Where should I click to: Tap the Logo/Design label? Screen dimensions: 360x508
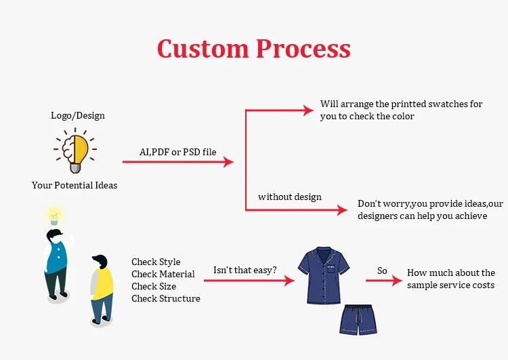click(78, 115)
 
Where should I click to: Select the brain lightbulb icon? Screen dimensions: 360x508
click(75, 151)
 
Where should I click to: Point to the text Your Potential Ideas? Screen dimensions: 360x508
click(75, 185)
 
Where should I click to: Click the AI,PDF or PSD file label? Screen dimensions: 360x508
click(178, 152)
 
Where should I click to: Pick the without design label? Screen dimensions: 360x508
click(290, 197)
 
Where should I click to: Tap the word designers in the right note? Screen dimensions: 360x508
click(381, 216)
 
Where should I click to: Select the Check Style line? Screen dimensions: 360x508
click(156, 262)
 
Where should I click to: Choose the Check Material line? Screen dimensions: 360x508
click(163, 274)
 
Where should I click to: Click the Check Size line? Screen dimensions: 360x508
click(154, 286)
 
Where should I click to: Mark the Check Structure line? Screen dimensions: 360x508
click(166, 298)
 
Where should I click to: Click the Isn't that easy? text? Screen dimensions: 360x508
click(245, 270)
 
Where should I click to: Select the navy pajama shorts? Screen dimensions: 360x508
click(358, 319)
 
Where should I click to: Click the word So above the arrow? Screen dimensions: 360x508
click(382, 271)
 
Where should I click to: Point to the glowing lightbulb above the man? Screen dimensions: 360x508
click(54, 216)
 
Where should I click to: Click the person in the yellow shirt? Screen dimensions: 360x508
click(102, 288)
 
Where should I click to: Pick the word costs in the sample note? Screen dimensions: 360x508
click(482, 285)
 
